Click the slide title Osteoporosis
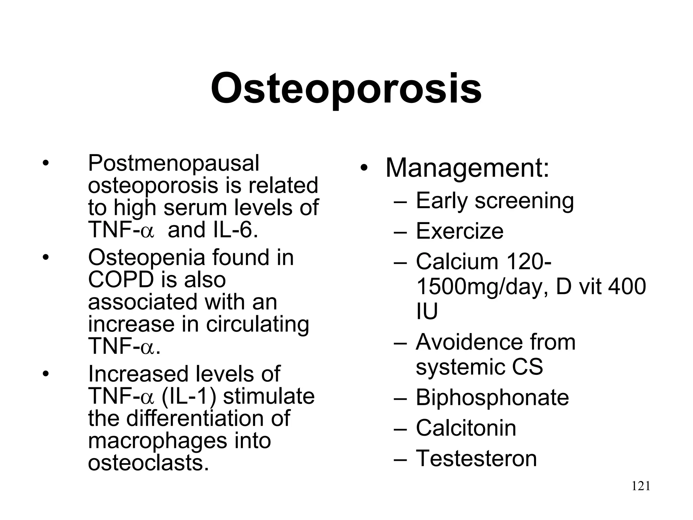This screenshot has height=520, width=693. pyautogui.click(x=346, y=89)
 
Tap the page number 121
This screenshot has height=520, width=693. pyautogui.click(x=641, y=486)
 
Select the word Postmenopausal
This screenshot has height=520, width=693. pyautogui.click(x=173, y=164)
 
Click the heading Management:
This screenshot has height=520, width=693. pyautogui.click(x=467, y=168)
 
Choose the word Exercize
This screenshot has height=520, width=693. pyautogui.click(x=460, y=231)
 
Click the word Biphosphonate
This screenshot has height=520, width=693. pyautogui.click(x=492, y=397)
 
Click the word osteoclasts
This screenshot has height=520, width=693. pyautogui.click(x=148, y=463)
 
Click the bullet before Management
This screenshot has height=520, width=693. pyautogui.click(x=364, y=168)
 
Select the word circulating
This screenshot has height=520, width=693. pyautogui.click(x=258, y=324)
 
